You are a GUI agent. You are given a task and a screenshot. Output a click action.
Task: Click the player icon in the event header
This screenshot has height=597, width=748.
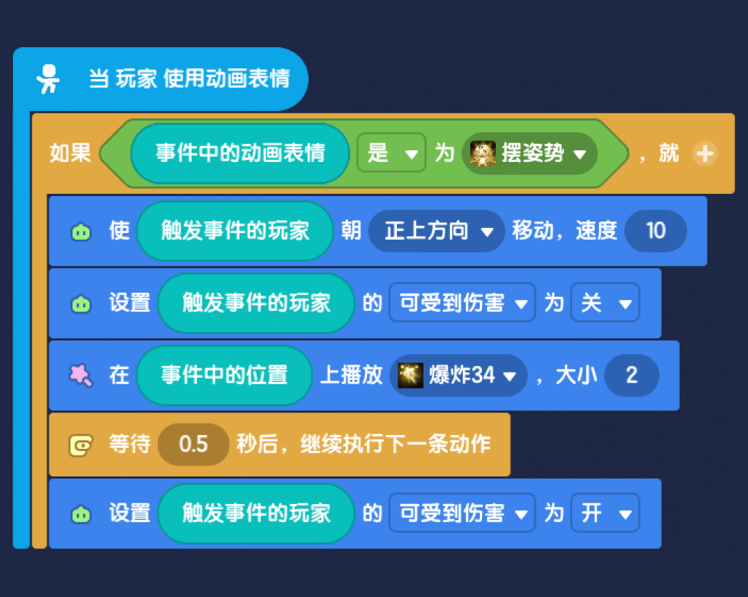[48, 79]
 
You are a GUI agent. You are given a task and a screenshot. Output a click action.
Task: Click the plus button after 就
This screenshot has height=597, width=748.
[705, 154]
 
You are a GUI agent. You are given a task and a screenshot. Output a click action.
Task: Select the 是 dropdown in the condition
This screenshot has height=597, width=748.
[391, 153]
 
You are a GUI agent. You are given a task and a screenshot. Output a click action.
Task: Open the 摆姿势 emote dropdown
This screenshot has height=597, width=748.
[529, 153]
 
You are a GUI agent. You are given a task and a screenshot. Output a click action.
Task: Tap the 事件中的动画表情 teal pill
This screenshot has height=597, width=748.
[240, 153]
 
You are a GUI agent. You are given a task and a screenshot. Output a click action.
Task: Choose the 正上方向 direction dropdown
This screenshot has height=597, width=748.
[436, 231]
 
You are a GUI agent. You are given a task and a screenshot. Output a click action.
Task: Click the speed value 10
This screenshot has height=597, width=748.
[656, 231]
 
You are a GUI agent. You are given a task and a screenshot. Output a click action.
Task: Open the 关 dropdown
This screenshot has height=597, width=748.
[605, 303]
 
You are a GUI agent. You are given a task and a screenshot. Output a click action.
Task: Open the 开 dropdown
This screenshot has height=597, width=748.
[605, 513]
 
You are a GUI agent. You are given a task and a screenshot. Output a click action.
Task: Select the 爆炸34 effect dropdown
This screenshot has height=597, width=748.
[459, 375]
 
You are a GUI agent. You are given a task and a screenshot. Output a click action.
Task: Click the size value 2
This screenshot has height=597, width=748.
[632, 375]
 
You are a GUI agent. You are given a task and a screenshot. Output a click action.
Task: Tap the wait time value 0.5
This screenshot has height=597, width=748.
[193, 444]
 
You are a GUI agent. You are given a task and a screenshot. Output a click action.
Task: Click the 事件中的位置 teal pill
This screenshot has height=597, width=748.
[224, 375]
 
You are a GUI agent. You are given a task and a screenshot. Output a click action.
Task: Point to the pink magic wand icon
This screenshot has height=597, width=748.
[80, 375]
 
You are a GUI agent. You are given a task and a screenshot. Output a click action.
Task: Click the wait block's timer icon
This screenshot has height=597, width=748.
[81, 445]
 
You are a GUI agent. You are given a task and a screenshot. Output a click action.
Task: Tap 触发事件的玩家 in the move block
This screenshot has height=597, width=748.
[235, 231]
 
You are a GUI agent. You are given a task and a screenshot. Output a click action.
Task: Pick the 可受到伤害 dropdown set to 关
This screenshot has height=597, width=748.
[462, 303]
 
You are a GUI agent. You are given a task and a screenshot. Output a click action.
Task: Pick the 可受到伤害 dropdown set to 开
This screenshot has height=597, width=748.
[462, 513]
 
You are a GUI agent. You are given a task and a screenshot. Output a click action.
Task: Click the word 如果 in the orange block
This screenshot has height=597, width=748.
[70, 153]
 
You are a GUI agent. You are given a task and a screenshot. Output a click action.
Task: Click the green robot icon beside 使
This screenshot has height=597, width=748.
[81, 232]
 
